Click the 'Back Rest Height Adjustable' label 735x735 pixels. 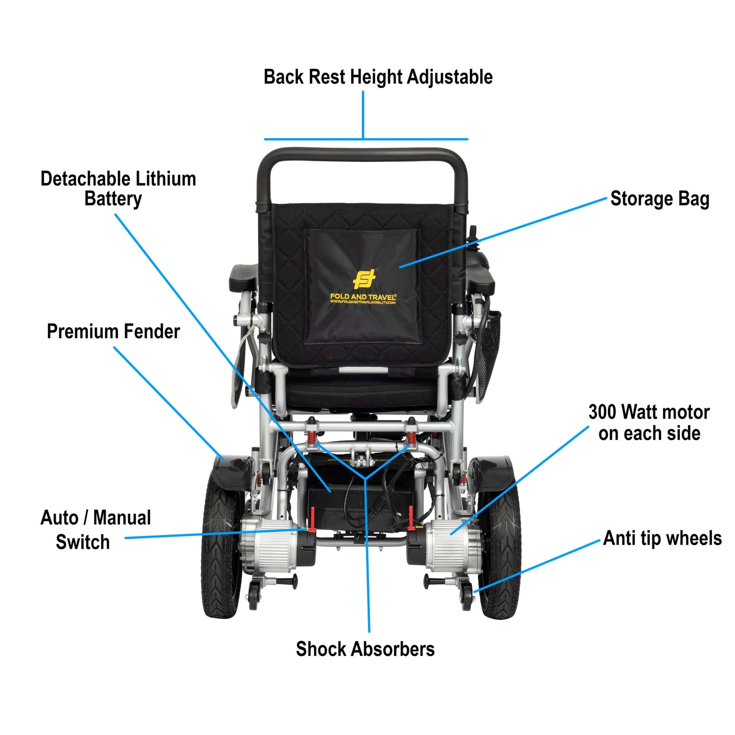tap(378, 77)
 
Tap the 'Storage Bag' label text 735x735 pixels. tap(659, 199)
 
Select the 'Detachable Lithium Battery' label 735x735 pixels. tap(118, 188)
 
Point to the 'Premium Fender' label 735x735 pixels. tap(113, 331)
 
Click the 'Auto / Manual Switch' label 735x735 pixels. tap(95, 529)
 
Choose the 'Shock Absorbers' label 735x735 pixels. tap(365, 649)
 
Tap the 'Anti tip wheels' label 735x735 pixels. tap(662, 538)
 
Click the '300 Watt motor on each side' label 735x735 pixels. tap(649, 422)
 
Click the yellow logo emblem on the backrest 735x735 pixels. tap(364, 279)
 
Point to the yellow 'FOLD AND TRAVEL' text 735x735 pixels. tap(363, 297)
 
